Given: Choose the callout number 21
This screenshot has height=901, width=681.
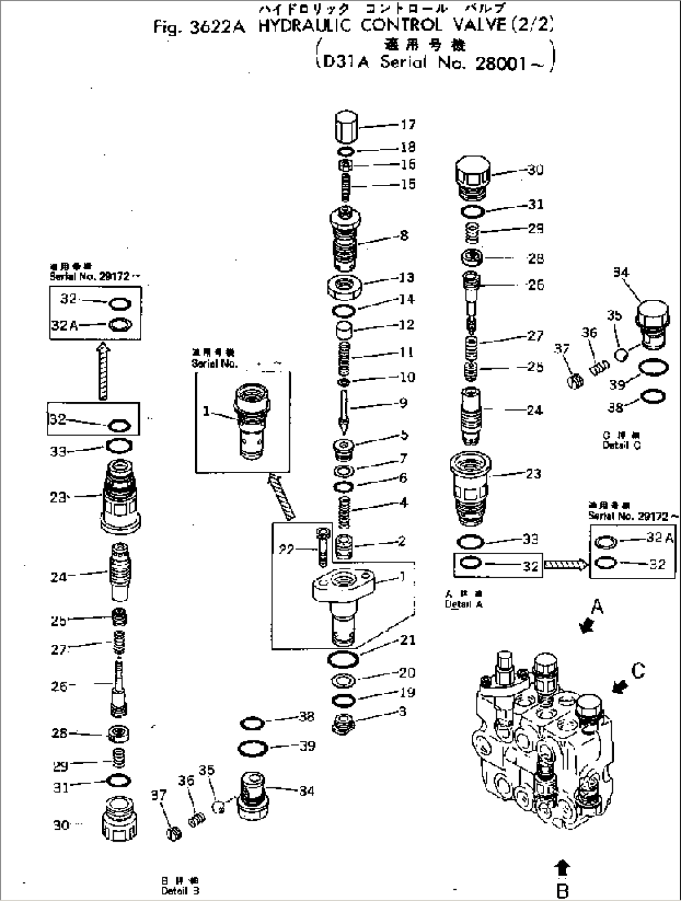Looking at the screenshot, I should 408,639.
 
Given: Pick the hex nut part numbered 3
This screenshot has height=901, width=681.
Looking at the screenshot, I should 343,722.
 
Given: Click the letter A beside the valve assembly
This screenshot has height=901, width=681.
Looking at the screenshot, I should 597,605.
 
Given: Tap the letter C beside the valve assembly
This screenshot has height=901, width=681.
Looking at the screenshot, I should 637,670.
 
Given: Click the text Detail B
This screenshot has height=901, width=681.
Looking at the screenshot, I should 180,890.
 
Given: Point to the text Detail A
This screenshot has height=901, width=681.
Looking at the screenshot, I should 464,604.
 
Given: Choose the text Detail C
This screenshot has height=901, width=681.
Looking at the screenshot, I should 621,445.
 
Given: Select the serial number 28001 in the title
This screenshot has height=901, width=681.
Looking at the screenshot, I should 500,64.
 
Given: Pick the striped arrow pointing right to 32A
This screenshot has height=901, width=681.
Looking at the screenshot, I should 565,565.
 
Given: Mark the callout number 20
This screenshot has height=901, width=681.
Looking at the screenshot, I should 407,673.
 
